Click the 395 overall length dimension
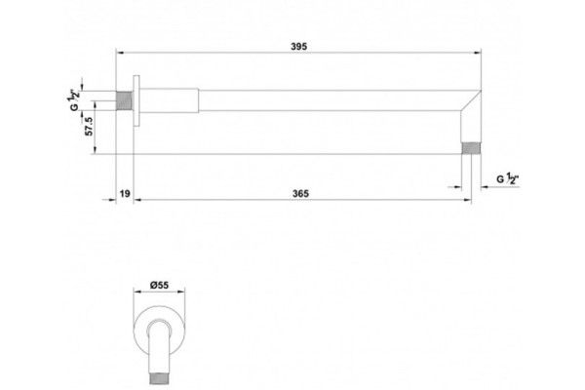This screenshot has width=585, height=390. [299, 46]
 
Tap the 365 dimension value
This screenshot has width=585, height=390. [300, 193]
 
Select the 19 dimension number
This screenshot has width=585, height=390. [125, 193]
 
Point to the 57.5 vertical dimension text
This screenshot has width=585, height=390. [89, 126]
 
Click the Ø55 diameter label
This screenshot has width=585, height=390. [159, 285]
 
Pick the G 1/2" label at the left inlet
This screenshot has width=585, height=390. [74, 99]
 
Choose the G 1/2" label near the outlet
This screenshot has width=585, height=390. [508, 178]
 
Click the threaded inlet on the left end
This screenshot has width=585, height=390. [125, 100]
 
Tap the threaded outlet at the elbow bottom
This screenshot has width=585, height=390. [471, 148]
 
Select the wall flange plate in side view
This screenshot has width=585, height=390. [136, 100]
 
